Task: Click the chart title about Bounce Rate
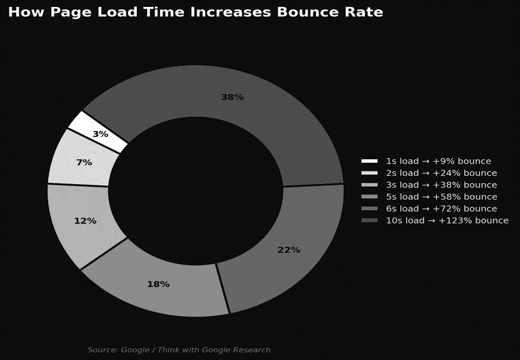point(195,12)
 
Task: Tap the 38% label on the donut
point(232,97)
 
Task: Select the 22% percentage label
point(288,250)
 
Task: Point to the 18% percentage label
point(158,284)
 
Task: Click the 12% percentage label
point(85,221)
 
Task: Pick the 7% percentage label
point(84,162)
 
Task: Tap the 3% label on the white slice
point(100,134)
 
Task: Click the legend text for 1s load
point(438,161)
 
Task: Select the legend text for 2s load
point(441,173)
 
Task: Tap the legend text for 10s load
point(447,221)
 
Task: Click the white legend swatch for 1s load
point(370,161)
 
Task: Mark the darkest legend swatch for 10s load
point(370,221)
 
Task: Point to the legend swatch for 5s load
point(370,197)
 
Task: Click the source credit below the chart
point(179,350)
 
